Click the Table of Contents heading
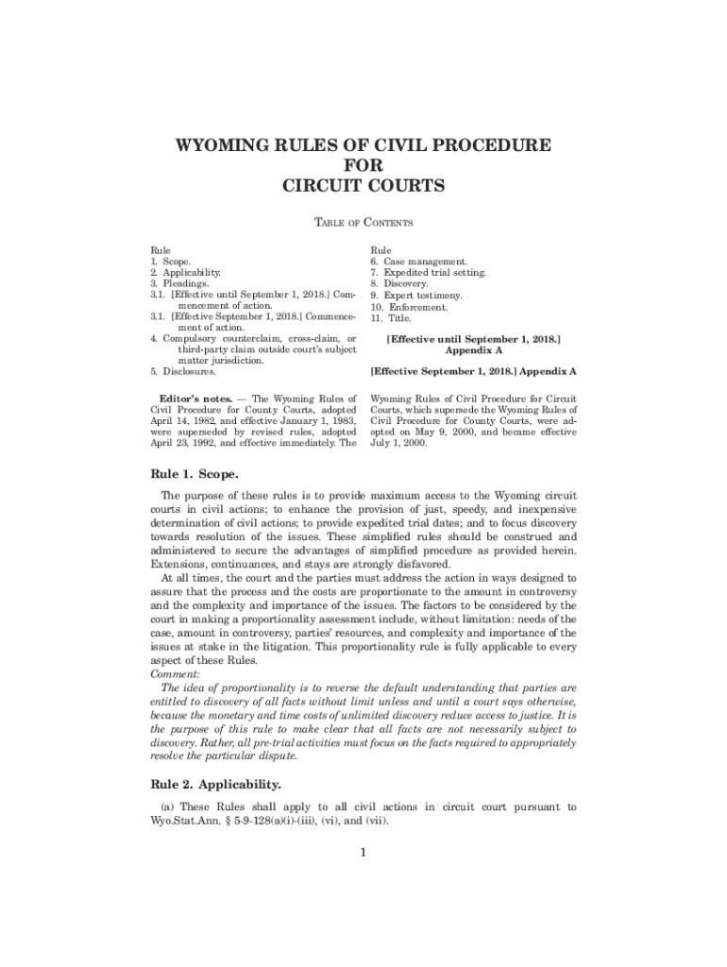[x=363, y=223]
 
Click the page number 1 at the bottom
[x=363, y=854]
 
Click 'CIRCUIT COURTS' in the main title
[x=363, y=186]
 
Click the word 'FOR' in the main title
[x=363, y=166]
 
